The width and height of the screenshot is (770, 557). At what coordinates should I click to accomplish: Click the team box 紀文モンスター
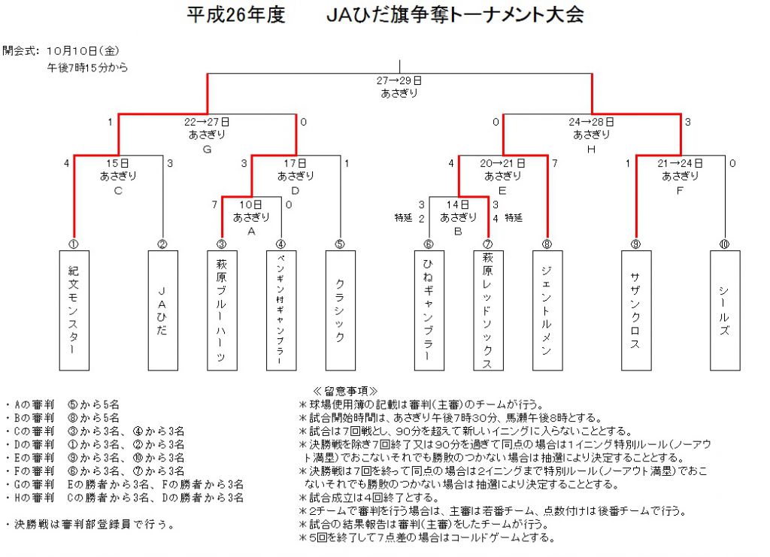pyautogui.click(x=74, y=310)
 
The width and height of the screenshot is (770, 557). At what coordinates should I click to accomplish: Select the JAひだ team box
pyautogui.click(x=162, y=310)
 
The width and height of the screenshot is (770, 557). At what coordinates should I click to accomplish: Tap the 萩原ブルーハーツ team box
pyautogui.click(x=222, y=310)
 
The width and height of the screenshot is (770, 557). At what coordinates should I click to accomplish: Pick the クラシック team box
pyautogui.click(x=341, y=310)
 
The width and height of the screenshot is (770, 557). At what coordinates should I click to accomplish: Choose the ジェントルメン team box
pyautogui.click(x=547, y=310)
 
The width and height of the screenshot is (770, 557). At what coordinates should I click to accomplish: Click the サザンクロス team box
pyautogui.click(x=636, y=310)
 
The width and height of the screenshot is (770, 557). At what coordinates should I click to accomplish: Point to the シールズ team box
pyautogui.click(x=725, y=310)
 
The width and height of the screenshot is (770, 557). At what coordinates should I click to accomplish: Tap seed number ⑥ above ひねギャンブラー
pyautogui.click(x=429, y=244)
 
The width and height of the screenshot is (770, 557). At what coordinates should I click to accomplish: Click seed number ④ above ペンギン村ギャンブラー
pyautogui.click(x=281, y=244)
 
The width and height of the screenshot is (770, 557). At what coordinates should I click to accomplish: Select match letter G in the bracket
pyautogui.click(x=208, y=149)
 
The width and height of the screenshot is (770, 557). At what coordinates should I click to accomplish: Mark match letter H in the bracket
pyautogui.click(x=591, y=149)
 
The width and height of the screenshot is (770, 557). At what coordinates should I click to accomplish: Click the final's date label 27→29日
pyautogui.click(x=399, y=80)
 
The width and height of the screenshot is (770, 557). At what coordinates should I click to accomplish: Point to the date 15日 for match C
pyautogui.click(x=118, y=163)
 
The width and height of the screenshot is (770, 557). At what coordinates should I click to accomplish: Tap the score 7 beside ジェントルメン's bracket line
pyautogui.click(x=555, y=163)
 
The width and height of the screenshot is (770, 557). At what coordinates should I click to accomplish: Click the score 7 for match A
pyautogui.click(x=214, y=204)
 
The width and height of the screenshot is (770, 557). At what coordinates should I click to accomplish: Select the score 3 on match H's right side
pyautogui.click(x=687, y=122)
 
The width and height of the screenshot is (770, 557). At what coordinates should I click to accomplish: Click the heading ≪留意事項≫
pyautogui.click(x=345, y=391)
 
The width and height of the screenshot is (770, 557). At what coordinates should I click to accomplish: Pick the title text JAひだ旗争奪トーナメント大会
pyautogui.click(x=455, y=15)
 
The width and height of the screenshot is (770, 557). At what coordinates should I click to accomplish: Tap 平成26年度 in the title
pyautogui.click(x=235, y=15)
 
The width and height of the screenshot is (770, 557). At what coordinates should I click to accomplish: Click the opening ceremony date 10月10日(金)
pyautogui.click(x=83, y=50)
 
